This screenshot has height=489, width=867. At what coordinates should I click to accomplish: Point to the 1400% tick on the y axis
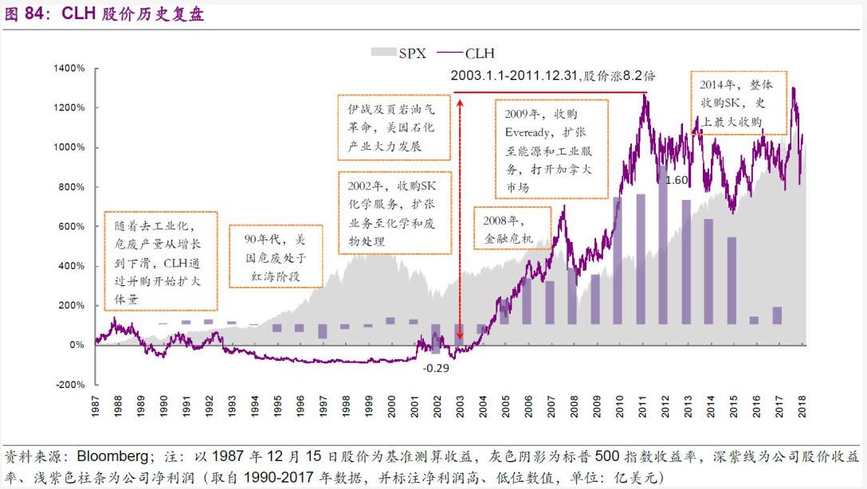[69, 68]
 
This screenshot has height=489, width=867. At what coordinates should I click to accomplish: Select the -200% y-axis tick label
[69, 385]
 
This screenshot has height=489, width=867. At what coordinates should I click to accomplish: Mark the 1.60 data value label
[676, 180]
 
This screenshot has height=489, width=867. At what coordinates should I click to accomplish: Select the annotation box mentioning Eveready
[551, 149]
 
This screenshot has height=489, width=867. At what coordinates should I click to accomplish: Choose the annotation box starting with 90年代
[274, 257]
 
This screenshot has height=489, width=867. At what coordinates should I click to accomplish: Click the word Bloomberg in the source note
[111, 457]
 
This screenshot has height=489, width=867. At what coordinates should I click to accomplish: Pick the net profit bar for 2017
[777, 316]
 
